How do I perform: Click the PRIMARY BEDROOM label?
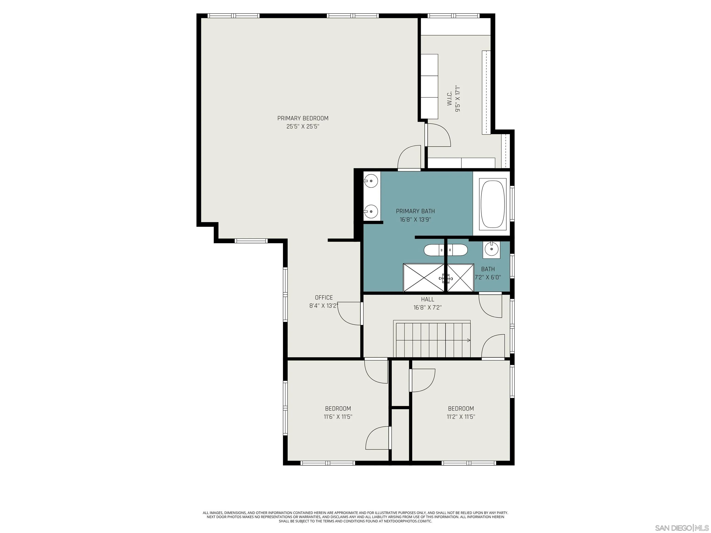pos(303,118)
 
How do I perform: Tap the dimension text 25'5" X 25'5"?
pos(303,127)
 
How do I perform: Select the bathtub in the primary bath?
pos(493,204)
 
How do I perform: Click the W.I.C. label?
pos(449,98)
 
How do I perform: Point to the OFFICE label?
pos(324,297)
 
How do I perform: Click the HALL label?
pos(427,299)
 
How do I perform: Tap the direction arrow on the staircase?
pos(469,340)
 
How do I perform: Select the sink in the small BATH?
pos(491,249)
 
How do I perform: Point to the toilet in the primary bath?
pos(434,250)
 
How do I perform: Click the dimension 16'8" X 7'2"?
pos(427,307)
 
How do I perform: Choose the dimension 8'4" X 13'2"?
pos(324,306)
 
